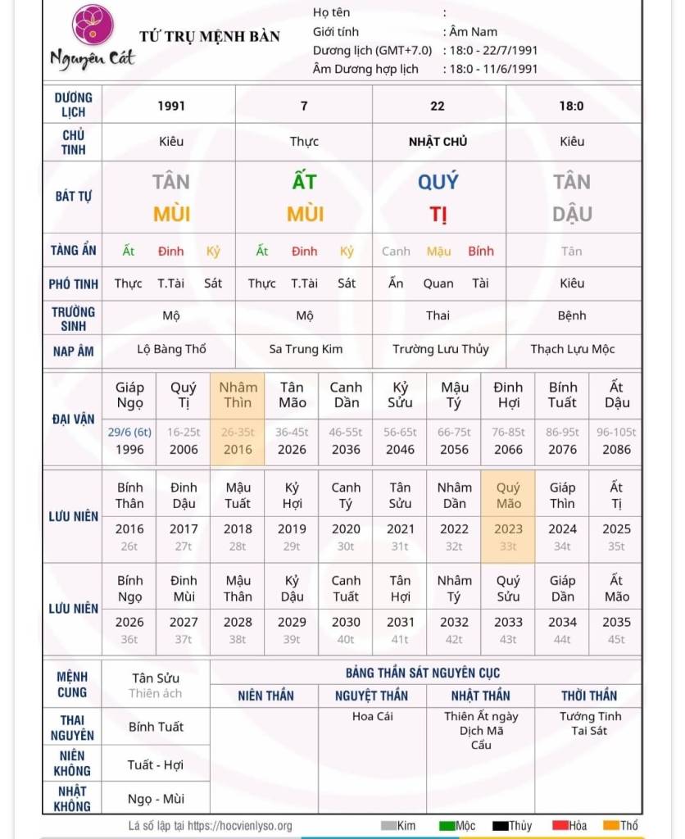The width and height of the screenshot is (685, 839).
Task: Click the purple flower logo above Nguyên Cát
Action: [x=93, y=25]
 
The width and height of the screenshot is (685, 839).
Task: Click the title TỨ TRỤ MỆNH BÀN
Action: [x=210, y=36]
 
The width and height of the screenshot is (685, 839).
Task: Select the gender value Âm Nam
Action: [x=474, y=32]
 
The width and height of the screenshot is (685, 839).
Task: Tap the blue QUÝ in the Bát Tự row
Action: [x=438, y=182]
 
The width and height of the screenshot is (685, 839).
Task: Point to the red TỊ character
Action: [x=438, y=215]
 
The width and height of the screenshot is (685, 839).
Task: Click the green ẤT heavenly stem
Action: [x=304, y=182]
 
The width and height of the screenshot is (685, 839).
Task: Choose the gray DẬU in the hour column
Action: [x=572, y=215]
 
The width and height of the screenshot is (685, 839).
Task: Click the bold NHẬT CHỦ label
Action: [x=438, y=142]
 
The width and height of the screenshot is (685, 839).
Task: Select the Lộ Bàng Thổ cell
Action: [x=171, y=350]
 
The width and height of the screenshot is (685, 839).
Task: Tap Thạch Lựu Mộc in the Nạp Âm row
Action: [x=572, y=350]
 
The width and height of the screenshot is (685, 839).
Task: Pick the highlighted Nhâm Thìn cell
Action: [x=238, y=395]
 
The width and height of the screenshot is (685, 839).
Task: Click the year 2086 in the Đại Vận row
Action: [x=616, y=449]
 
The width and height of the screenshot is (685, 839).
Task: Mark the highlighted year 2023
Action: [x=508, y=529]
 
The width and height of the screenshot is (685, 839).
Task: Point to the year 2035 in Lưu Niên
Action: [x=616, y=622]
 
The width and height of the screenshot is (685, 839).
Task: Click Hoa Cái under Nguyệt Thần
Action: [x=373, y=716]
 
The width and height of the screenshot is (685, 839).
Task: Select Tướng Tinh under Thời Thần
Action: [x=590, y=716]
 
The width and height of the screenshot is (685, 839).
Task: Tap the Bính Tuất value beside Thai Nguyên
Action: [x=156, y=727]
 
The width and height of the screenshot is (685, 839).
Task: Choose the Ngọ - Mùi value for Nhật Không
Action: [x=156, y=799]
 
